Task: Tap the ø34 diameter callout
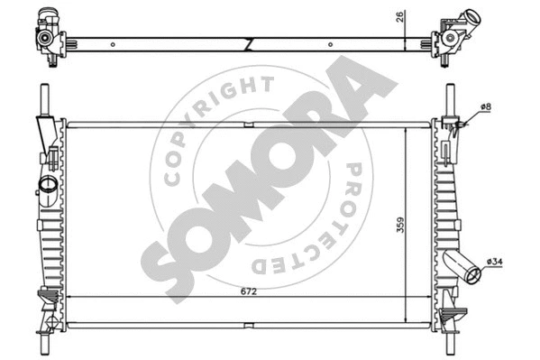(x=496, y=263)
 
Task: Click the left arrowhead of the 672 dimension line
(x=70, y=298)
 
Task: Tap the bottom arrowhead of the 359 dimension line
(x=407, y=321)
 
